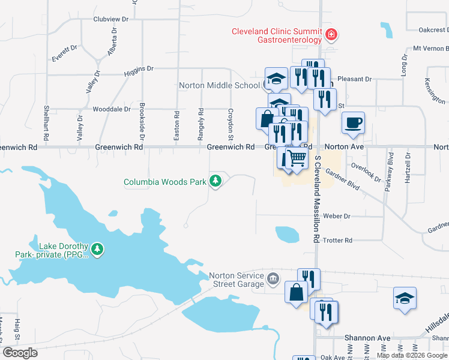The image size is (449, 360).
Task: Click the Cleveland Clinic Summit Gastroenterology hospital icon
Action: click(330, 35)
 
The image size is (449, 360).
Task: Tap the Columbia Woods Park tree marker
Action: click(215, 181)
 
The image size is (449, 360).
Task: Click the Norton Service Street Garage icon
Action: click(273, 278)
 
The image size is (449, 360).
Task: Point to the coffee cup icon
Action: click(353, 123)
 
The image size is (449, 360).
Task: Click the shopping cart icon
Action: click(297, 159)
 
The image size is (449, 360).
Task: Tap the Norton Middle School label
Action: click(219, 85)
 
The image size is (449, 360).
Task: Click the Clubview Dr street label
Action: click(111, 19)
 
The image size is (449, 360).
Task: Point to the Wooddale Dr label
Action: click(112, 109)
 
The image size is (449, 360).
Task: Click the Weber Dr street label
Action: click(336, 216)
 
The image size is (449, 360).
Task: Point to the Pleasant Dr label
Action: click(355, 79)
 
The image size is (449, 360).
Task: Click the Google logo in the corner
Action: click(20, 353)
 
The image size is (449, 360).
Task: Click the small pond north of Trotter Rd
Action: click(287, 234)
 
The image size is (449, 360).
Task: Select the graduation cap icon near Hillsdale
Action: click(405, 299)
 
